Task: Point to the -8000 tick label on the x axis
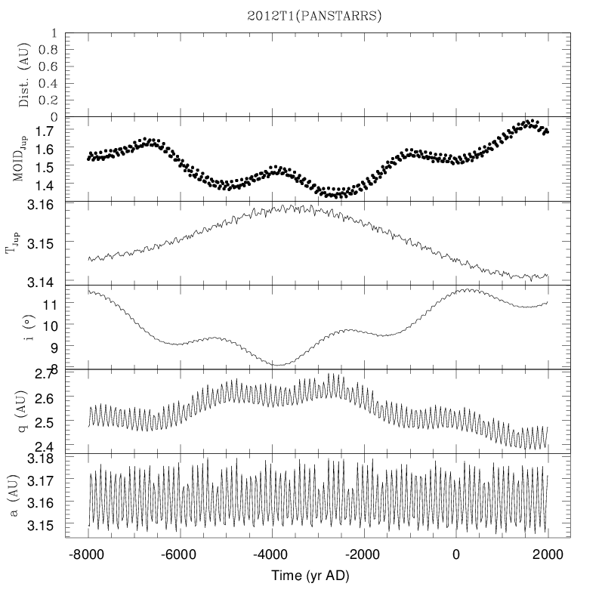[x=88, y=554]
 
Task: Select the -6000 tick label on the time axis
[x=180, y=554]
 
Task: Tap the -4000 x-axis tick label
[x=272, y=554]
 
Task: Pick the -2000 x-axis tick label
[x=363, y=554]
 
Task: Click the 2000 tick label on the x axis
[x=547, y=554]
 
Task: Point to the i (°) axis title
[x=23, y=326]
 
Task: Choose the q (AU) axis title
[x=23, y=411]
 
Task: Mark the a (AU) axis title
[x=23, y=495]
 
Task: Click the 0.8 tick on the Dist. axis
[x=48, y=50]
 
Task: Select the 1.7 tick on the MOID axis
[x=48, y=131]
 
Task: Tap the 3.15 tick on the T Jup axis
[x=42, y=243]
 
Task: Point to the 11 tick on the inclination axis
[x=49, y=304]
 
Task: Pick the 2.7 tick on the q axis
[x=48, y=374]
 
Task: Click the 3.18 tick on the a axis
[x=42, y=458]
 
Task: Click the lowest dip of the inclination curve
[x=279, y=366]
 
